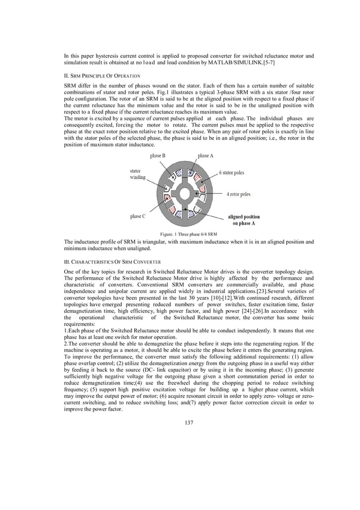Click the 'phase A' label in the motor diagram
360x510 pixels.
(x=205, y=155)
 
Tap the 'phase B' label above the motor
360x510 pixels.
(x=158, y=155)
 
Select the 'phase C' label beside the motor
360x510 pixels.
(x=138, y=216)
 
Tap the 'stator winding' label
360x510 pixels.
(x=138, y=173)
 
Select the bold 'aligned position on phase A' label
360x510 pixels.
(x=244, y=220)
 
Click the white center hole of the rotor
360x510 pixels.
(x=185, y=194)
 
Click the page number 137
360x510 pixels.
(x=189, y=437)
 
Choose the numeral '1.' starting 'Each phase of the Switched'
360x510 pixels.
(x=65, y=328)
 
